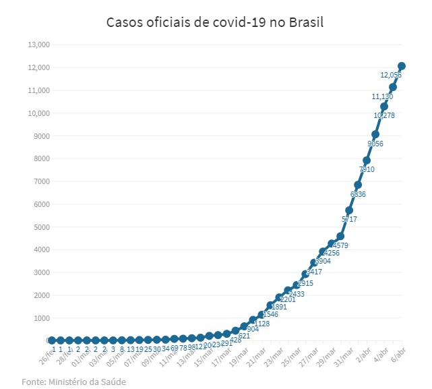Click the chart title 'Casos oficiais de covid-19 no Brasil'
pyautogui.click(x=215, y=22)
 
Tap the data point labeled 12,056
pyautogui.click(x=402, y=66)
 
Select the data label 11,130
pyautogui.click(x=383, y=96)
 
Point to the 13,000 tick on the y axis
pyautogui.click(x=38, y=44)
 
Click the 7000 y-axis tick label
pyautogui.click(x=41, y=181)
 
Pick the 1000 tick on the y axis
pyautogui.click(x=41, y=318)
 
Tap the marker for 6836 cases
pyautogui.click(x=358, y=185)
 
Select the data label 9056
pyautogui.click(x=375, y=144)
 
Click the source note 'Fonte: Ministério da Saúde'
pyautogui.click(x=73, y=382)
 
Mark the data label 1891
pyautogui.click(x=278, y=306)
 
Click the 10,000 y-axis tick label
pyautogui.click(x=38, y=113)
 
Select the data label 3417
pyautogui.click(x=314, y=272)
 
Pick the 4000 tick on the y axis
pyautogui.click(x=41, y=249)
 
